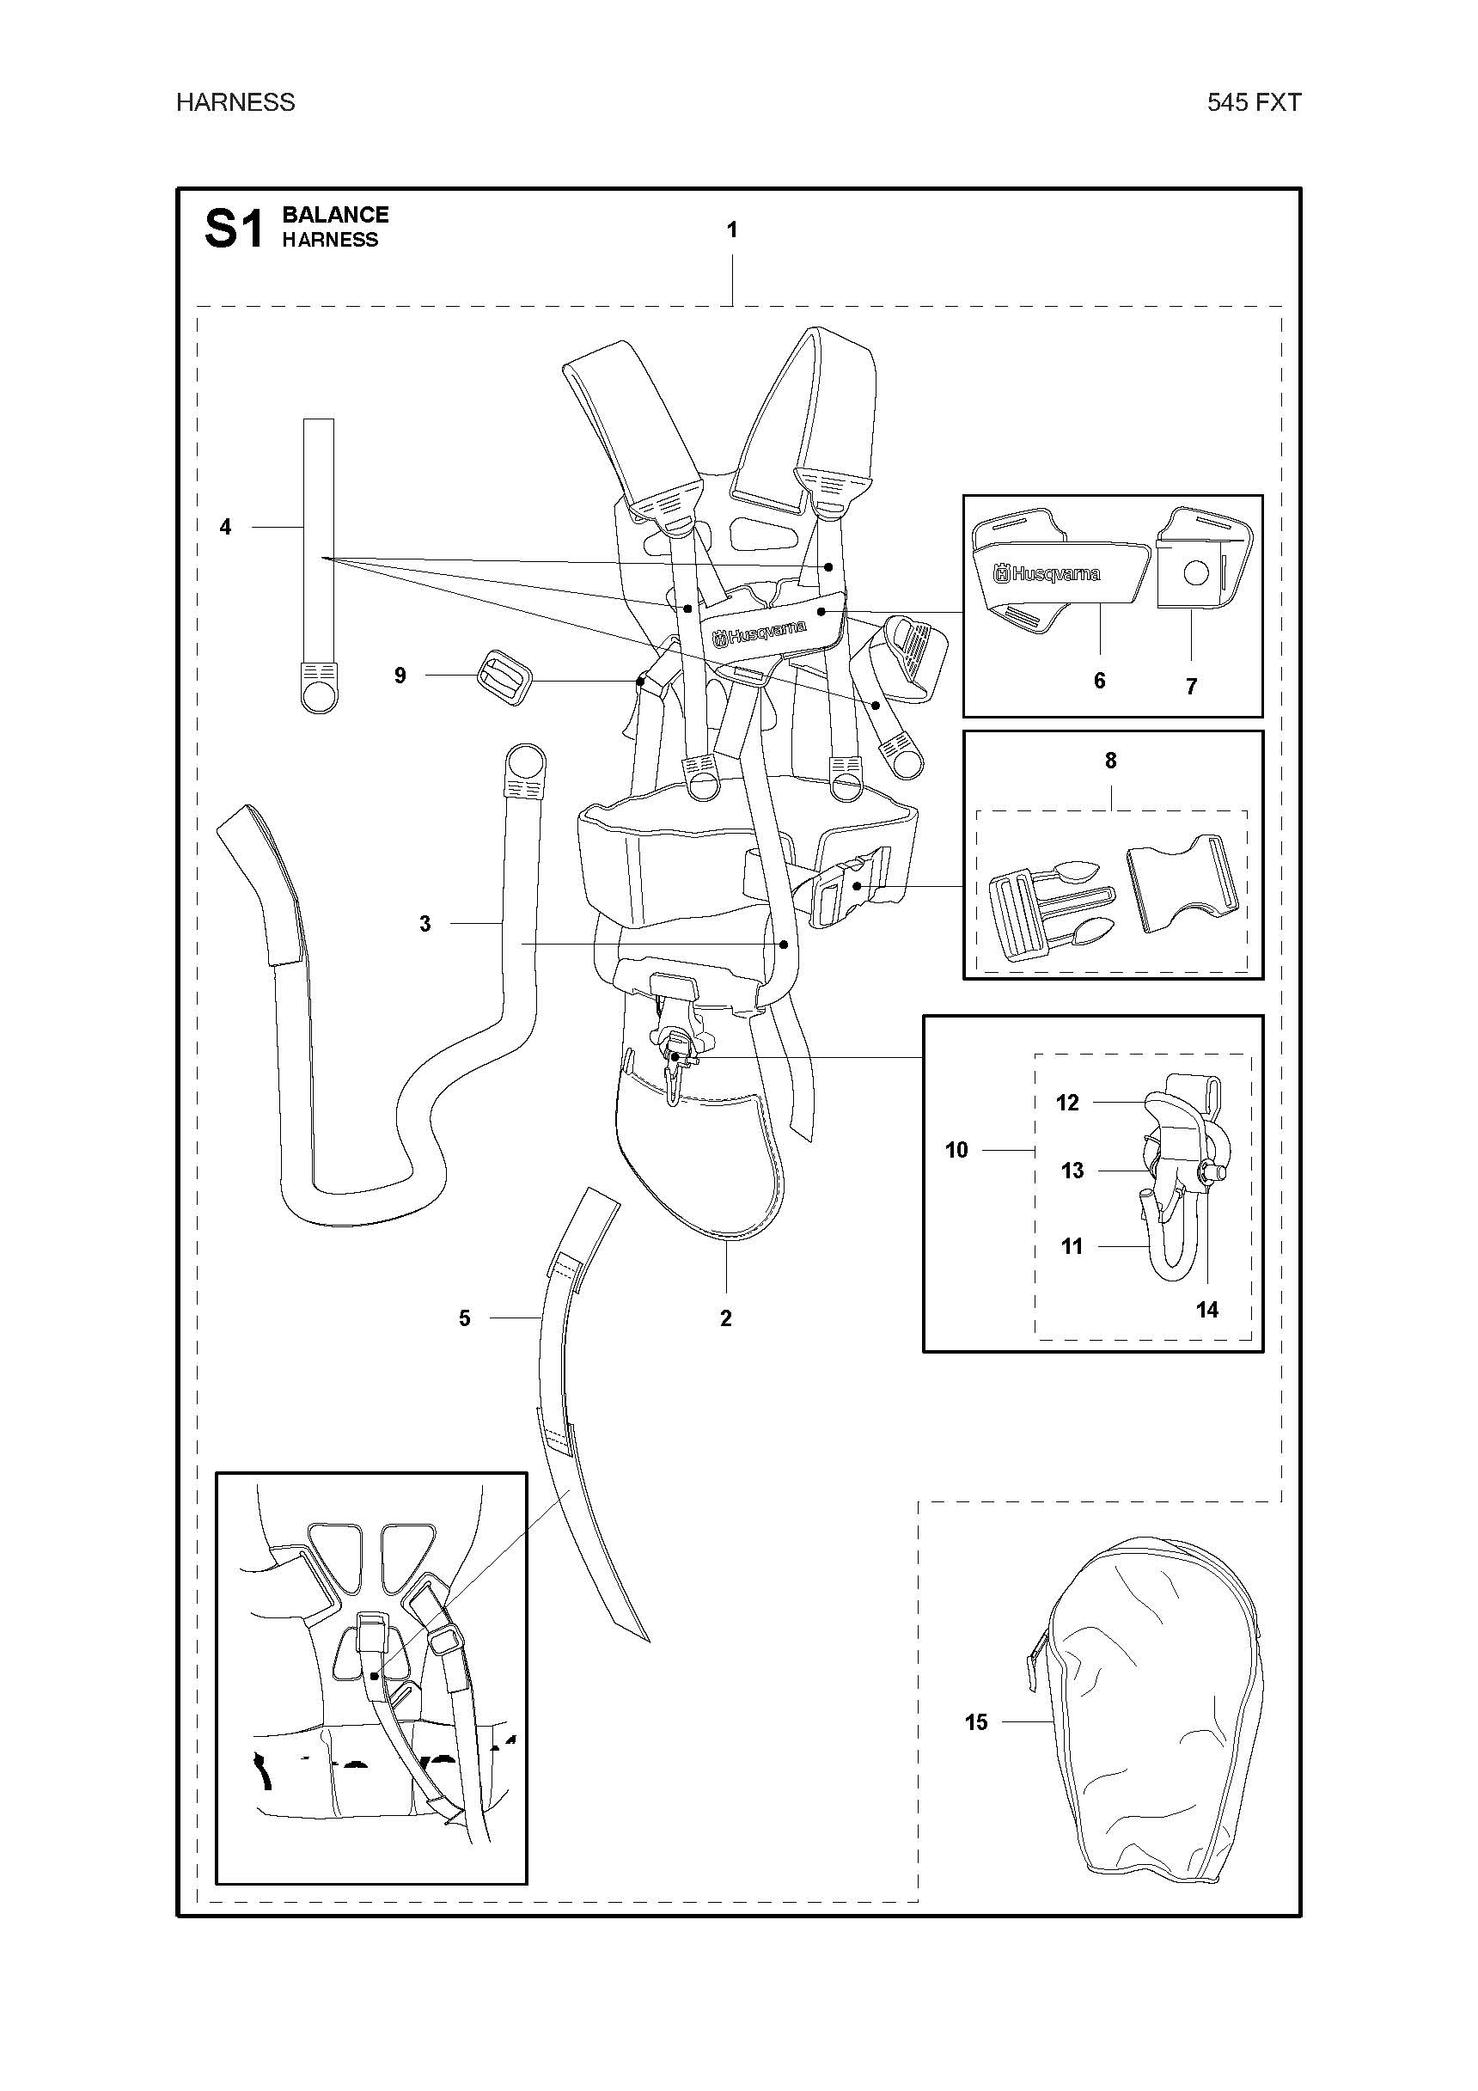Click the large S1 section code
click(233, 228)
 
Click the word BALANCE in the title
click(335, 215)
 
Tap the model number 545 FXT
click(1254, 102)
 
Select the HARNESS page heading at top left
click(235, 102)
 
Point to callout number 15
click(975, 1722)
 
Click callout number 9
click(400, 676)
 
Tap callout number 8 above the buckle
click(1110, 761)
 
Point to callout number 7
click(1190, 686)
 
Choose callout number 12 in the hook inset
click(1067, 1103)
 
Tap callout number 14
click(1206, 1310)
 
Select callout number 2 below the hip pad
click(726, 1318)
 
